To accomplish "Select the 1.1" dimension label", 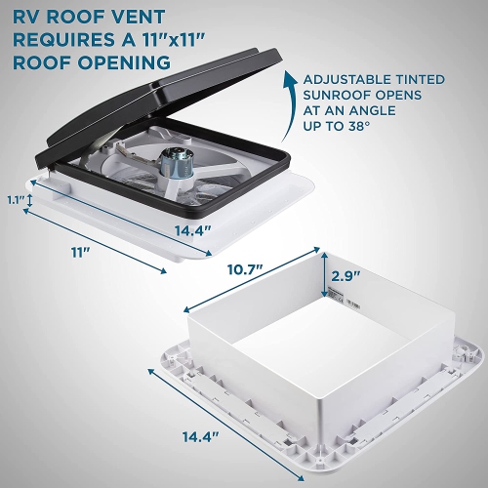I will [13, 200].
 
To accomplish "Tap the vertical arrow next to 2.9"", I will [323, 277].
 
